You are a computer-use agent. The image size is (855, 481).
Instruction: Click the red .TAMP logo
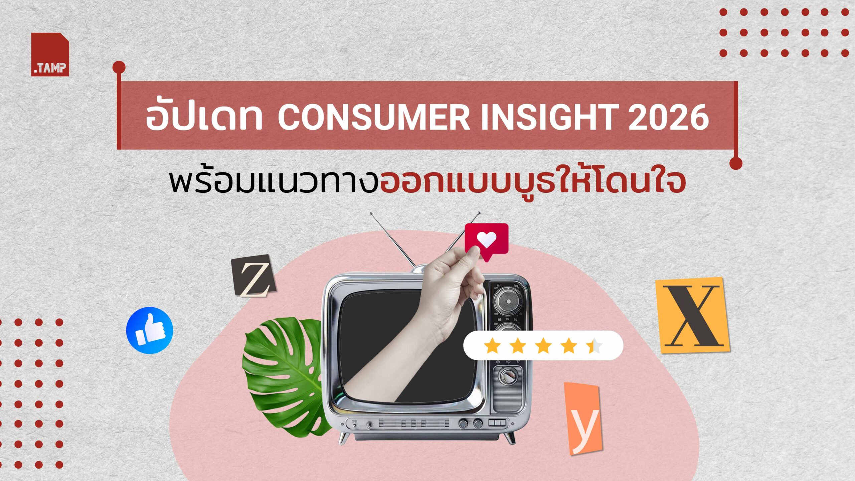(50, 54)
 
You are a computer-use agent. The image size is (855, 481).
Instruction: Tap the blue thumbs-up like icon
(150, 330)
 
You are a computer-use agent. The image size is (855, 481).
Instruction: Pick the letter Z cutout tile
(254, 276)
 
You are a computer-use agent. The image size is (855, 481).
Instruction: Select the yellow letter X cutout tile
(692, 315)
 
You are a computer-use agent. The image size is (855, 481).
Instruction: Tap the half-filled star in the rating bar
(594, 345)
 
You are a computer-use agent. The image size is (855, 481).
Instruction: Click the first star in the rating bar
(492, 345)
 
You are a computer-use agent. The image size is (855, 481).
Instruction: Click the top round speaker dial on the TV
(508, 302)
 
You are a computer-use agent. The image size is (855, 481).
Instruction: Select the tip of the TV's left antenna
(371, 213)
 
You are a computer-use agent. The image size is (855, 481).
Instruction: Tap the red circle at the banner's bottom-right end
(736, 163)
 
